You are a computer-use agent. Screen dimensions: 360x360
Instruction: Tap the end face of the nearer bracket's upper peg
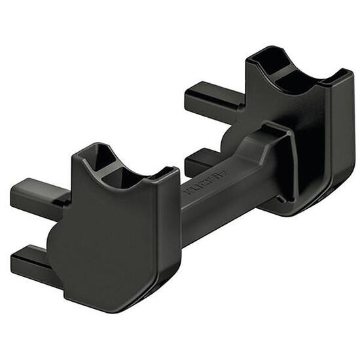[x=14, y=192]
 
